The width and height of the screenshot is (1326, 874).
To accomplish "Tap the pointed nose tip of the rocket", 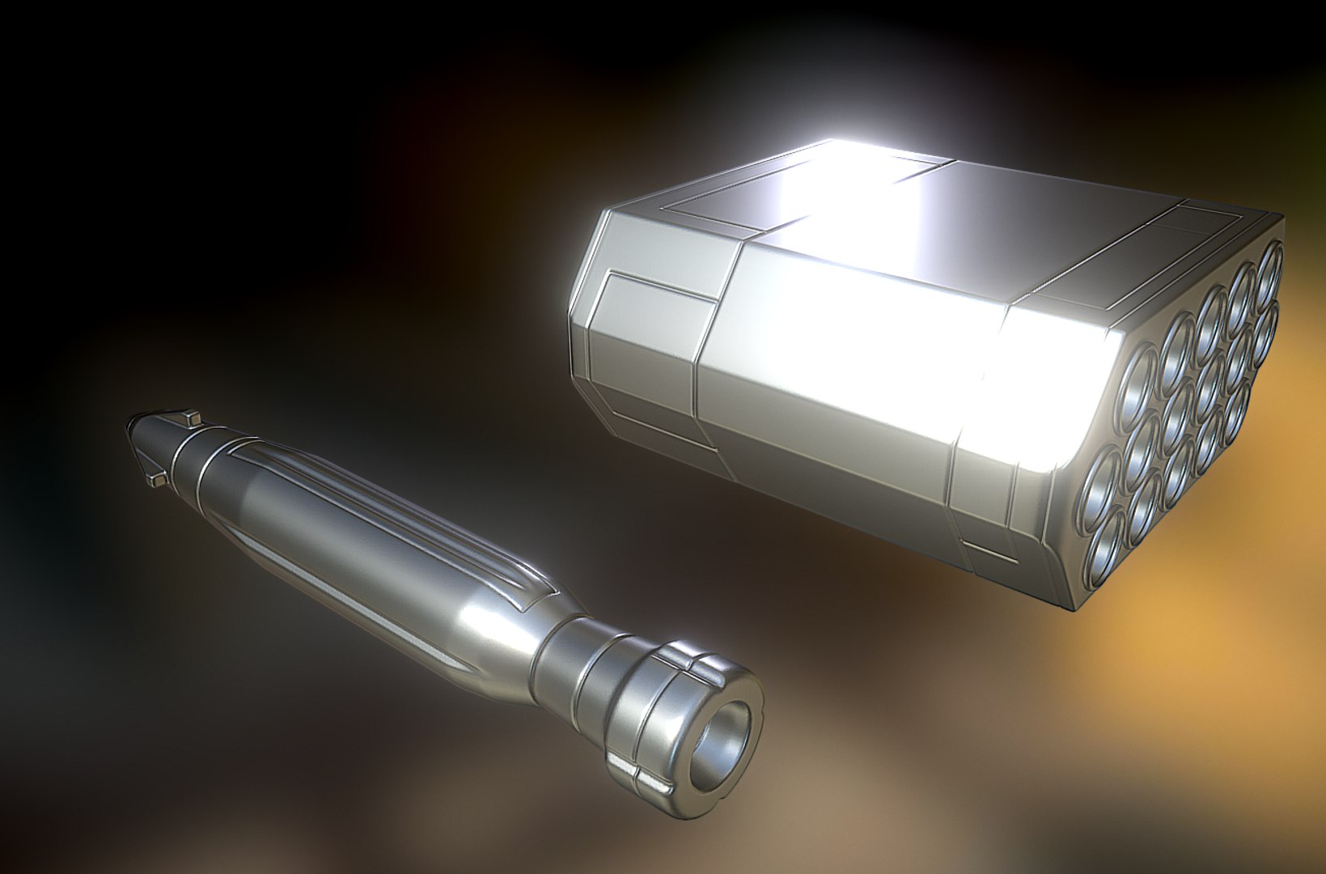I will [x=131, y=423].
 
